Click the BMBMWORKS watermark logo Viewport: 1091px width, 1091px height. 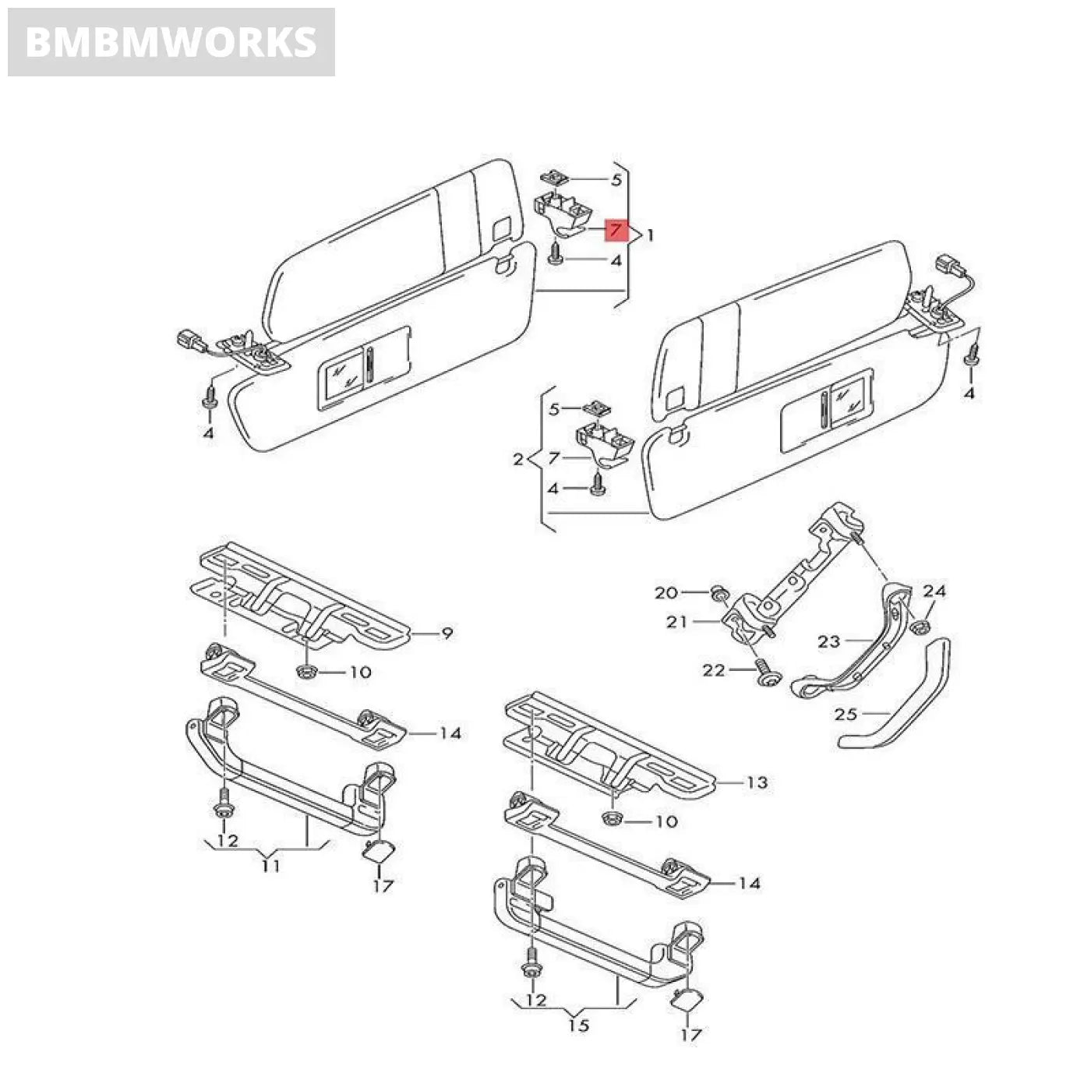171,42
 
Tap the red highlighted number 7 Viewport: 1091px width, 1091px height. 616,231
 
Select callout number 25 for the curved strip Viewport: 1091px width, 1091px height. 846,714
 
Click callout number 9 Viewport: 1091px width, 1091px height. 447,634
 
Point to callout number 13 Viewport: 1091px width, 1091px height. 757,782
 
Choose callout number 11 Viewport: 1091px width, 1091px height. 270,865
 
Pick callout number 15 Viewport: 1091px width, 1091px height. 578,1025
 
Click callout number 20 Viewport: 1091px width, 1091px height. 666,594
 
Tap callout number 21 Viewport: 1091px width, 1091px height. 677,622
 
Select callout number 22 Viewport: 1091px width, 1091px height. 714,670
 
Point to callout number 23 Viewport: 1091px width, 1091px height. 829,641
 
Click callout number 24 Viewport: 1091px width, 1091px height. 934,591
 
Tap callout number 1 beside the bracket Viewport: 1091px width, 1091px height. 650,235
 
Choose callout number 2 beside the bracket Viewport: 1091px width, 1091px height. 518,460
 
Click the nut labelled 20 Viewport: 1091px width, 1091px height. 719,596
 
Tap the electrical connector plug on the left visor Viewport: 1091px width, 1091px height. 190,341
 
